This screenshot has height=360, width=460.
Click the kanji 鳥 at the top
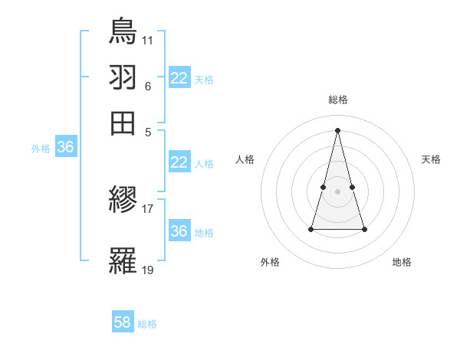[123, 31]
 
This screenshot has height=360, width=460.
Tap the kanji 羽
[123, 77]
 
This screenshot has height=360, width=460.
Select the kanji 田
[123, 123]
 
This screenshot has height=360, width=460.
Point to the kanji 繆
[123, 201]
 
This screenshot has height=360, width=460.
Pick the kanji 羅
[123, 261]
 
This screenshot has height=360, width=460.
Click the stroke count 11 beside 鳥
[148, 39]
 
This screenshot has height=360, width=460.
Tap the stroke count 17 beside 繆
[148, 208]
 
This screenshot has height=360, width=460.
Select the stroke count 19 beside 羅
[148, 269]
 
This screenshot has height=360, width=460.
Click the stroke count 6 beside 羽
[148, 86]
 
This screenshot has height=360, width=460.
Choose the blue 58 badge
[123, 322]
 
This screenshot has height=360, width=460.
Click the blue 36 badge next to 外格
[65, 147]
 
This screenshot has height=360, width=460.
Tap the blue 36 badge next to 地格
[179, 231]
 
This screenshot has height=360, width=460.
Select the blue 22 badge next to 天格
[179, 78]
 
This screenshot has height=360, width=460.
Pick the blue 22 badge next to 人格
[179, 162]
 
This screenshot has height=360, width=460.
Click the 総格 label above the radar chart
[338, 100]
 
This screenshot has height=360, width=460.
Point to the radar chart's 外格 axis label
[270, 262]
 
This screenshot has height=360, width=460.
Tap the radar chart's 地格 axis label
[402, 262]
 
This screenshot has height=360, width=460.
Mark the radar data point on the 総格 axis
[338, 129]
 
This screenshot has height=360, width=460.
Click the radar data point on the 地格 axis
[364, 229]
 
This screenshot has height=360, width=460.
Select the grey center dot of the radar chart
[338, 191]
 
